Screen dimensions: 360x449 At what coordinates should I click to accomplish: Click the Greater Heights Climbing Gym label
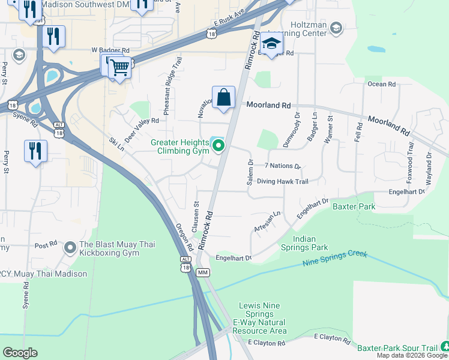coord(179,146)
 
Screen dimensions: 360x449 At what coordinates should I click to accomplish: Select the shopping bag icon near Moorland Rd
coord(223,97)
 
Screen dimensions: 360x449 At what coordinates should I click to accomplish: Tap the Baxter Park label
coord(354,207)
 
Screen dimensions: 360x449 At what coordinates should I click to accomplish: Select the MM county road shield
coord(202,273)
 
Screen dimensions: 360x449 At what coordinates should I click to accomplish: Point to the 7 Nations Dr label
coord(282,166)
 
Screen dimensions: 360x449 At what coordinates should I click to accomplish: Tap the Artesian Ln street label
coord(268,221)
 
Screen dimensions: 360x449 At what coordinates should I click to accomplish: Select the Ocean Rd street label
coord(382,85)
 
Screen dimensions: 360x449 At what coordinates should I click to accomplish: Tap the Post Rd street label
coord(45,245)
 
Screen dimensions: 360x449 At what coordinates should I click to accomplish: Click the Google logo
coord(20,353)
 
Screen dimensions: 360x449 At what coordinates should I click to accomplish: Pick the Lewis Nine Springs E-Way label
coord(259,318)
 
